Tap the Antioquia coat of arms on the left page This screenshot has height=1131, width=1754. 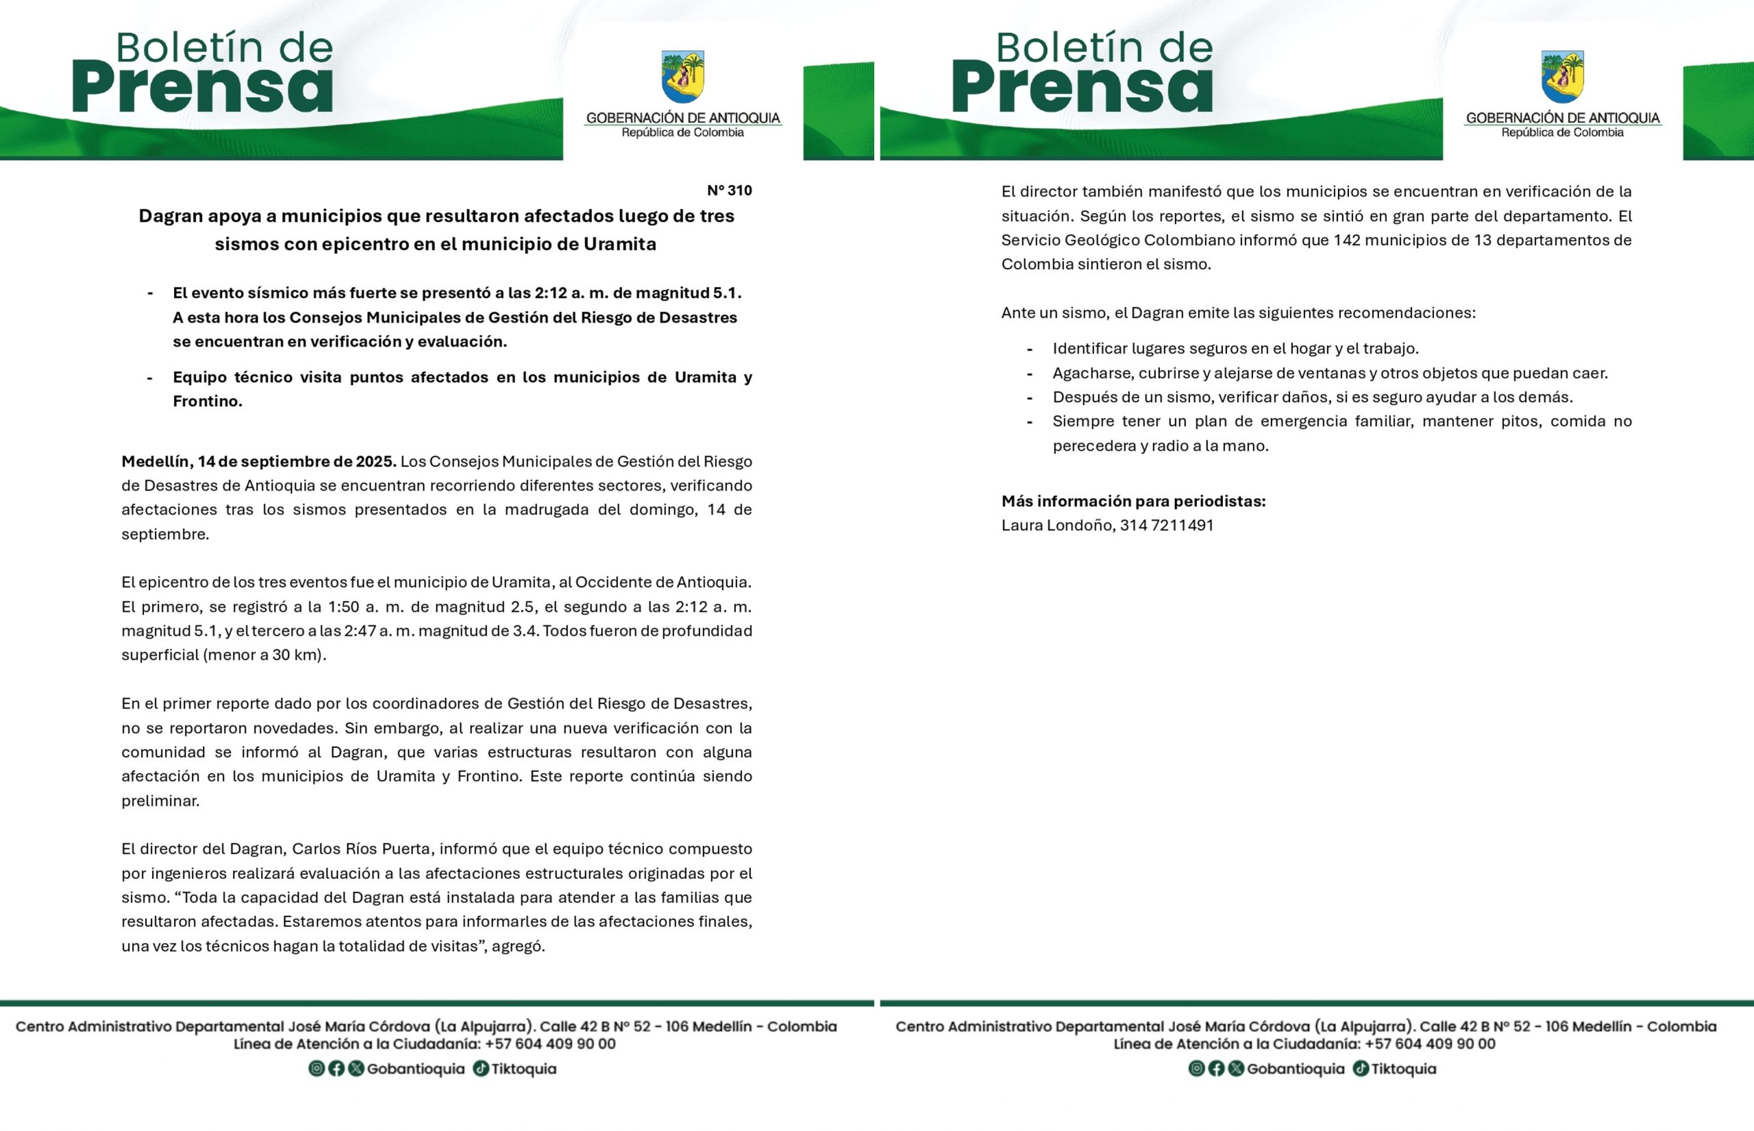coord(682,76)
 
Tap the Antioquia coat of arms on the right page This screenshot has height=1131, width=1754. coord(1562,76)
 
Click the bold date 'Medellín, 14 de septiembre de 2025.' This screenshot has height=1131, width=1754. coord(258,462)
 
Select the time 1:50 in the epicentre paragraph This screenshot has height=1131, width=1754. coord(346,608)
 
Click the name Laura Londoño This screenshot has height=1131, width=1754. coord(1057,526)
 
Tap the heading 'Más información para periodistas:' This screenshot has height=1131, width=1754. coord(1133,501)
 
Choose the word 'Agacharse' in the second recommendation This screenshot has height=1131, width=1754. coord(1091,373)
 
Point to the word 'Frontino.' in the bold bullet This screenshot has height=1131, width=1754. coord(207,401)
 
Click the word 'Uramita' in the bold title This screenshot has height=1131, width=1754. coord(620,244)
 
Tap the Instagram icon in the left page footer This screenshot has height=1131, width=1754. coord(317,1069)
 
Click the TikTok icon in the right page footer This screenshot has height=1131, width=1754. coord(1360,1069)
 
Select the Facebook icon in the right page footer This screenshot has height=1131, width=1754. coord(1216,1069)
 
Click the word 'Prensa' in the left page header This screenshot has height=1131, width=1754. coord(202,88)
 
